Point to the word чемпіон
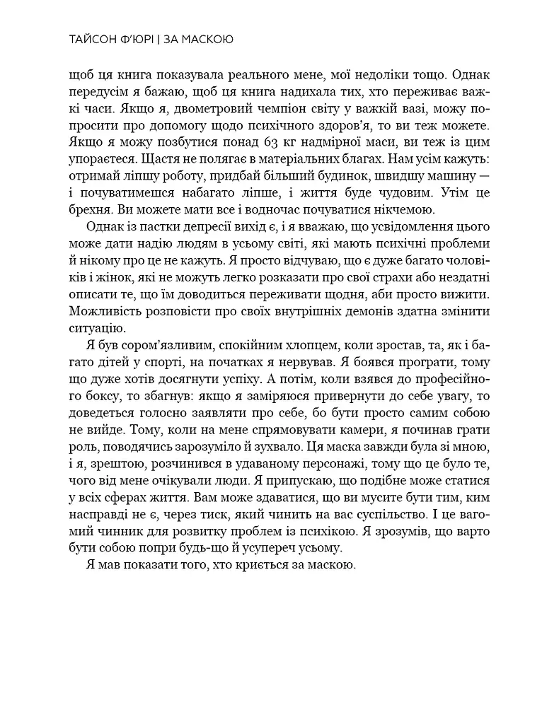[x=285, y=111]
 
